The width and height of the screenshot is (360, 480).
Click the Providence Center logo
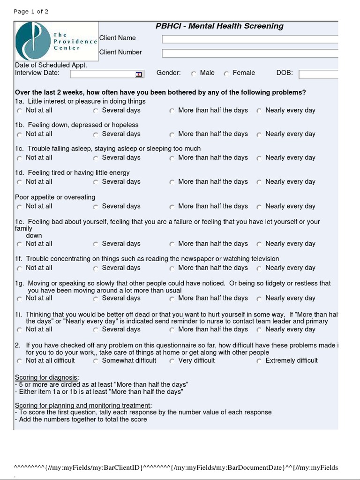click(x=56, y=41)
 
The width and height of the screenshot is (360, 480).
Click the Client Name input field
click(x=250, y=39)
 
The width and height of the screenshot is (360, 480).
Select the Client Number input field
click(x=250, y=53)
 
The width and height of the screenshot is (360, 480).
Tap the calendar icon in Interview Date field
click(x=139, y=74)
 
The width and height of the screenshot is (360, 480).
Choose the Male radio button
click(x=194, y=74)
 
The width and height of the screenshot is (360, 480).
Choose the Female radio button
click(x=226, y=74)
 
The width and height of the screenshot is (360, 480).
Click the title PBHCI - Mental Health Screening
click(x=219, y=26)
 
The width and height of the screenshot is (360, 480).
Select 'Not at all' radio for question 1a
click(x=19, y=111)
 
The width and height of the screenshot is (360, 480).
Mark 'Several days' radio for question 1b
click(x=96, y=135)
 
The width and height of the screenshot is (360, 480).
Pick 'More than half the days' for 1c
click(x=172, y=158)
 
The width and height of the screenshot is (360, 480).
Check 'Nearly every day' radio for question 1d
click(x=259, y=182)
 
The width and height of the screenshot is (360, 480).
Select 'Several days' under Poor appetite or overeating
click(x=96, y=207)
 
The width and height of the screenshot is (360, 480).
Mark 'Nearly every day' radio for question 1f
click(x=259, y=269)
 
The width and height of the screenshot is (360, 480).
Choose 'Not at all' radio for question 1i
click(x=19, y=330)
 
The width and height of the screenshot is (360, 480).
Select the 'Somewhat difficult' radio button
click(x=96, y=361)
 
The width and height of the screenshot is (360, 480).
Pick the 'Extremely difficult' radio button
click(x=259, y=361)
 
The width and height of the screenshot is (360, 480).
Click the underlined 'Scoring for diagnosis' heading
click(x=47, y=377)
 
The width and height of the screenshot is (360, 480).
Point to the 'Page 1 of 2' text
click(x=31, y=11)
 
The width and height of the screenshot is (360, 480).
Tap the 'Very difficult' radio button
click(x=172, y=361)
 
